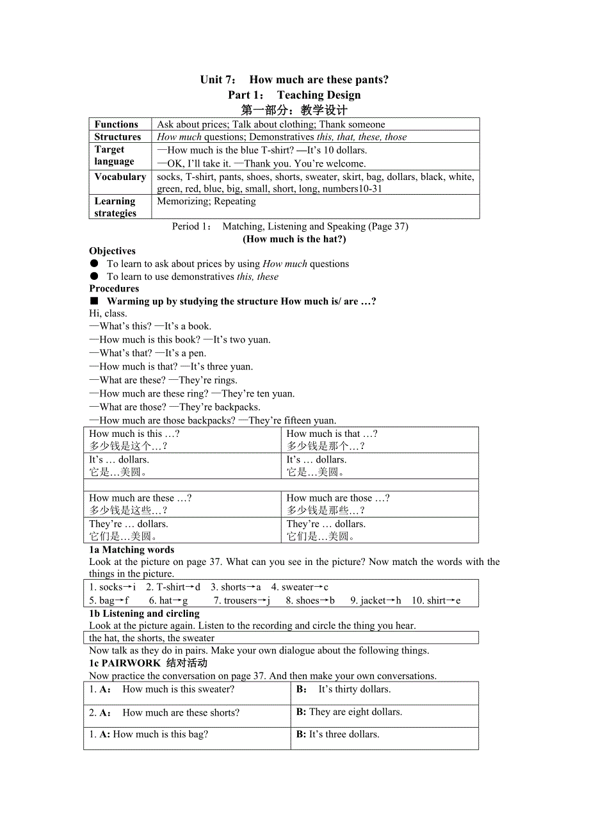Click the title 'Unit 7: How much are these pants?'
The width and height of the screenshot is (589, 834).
click(294, 79)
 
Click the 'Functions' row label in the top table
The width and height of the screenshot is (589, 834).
click(116, 124)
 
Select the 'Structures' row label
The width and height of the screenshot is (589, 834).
click(117, 136)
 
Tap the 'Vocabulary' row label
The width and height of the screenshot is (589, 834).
click(120, 177)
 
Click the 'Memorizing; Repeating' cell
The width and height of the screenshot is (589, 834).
click(206, 201)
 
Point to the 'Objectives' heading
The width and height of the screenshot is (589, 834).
click(112, 251)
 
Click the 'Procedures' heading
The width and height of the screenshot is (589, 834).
click(114, 288)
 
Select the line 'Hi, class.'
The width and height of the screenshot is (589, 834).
click(108, 313)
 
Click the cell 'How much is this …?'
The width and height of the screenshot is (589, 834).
click(134, 434)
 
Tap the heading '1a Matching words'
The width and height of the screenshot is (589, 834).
click(131, 550)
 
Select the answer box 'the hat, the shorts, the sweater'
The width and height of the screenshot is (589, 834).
click(152, 637)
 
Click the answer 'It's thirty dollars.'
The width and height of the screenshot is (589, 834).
click(355, 689)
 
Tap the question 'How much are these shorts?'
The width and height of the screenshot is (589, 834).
click(181, 712)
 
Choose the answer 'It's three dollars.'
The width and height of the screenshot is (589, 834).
click(344, 734)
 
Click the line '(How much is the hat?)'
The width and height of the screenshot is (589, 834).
click(294, 239)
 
